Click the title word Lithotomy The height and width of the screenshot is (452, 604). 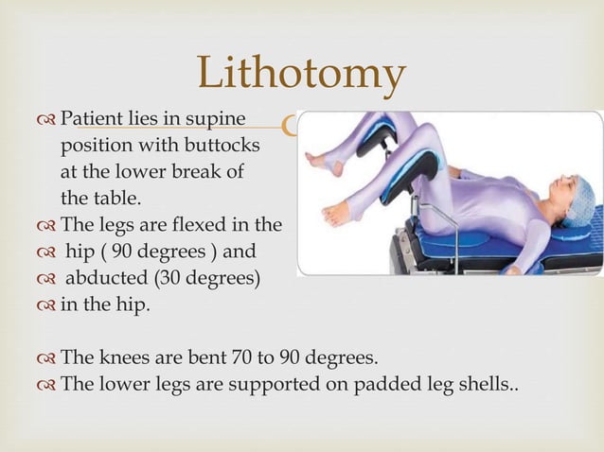coord(301,75)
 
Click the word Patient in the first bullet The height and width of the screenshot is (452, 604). coord(90,120)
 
